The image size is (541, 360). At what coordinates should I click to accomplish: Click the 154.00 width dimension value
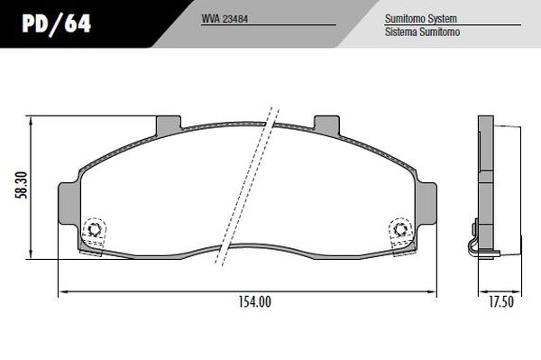click(256, 302)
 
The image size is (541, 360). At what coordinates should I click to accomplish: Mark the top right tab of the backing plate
click(326, 124)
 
